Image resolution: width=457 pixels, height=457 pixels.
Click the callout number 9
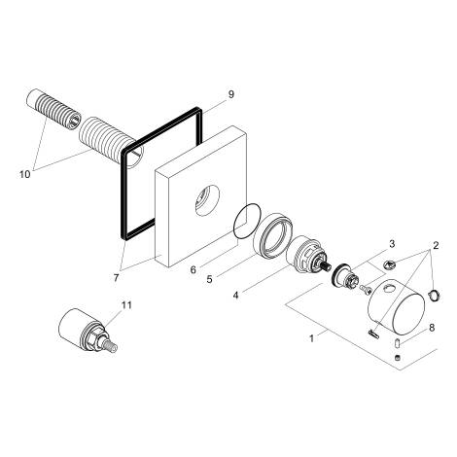(230, 94)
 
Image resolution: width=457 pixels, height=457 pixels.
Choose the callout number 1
(312, 339)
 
